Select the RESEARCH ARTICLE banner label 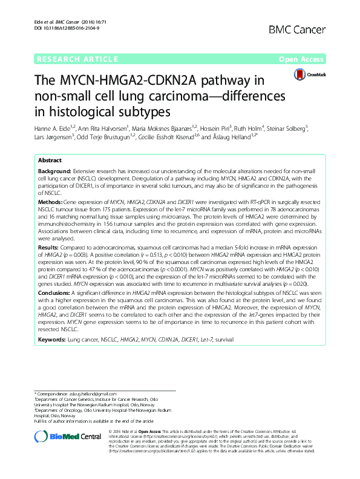pos(77,59)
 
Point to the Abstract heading pos(50,160)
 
